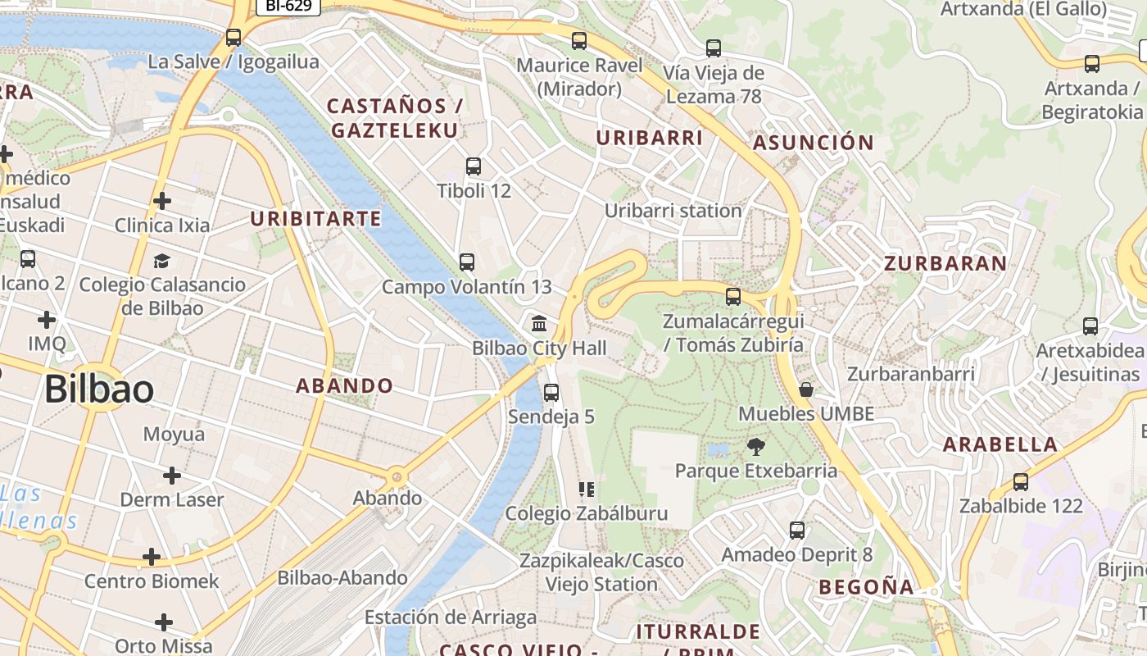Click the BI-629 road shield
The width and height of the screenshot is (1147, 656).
[288, 6]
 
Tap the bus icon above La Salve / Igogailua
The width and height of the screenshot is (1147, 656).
[233, 37]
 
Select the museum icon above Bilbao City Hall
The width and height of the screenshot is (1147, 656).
[539, 323]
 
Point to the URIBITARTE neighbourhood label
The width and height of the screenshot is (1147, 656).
[315, 219]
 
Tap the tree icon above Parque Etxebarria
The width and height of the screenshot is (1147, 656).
[755, 447]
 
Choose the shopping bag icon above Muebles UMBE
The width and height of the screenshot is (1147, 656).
[806, 389]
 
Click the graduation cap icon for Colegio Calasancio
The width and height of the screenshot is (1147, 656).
[161, 261]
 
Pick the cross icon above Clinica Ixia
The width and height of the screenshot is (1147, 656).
[162, 200]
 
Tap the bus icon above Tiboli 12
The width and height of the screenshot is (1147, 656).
[474, 166]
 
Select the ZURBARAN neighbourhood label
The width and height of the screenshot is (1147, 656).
[945, 263]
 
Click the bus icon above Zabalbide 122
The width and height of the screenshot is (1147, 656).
[1021, 482]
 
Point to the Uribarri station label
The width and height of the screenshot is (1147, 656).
[673, 211]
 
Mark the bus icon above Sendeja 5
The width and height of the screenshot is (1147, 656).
[551, 392]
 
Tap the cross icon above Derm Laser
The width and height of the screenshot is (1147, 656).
[172, 476]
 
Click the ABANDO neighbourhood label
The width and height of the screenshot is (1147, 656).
[344, 385]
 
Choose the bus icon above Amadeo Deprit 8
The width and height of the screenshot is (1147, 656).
[797, 531]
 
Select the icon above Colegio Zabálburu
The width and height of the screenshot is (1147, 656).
[586, 490]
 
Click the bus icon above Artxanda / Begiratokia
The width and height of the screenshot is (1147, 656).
[1091, 64]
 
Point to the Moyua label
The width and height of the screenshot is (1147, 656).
[174, 434]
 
